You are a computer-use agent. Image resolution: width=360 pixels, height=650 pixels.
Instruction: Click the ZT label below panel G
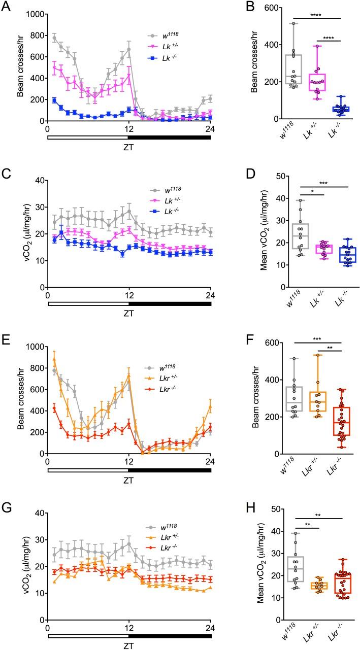[x=129, y=644]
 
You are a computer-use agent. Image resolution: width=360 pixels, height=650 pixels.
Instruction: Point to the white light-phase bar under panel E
[x=88, y=470]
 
